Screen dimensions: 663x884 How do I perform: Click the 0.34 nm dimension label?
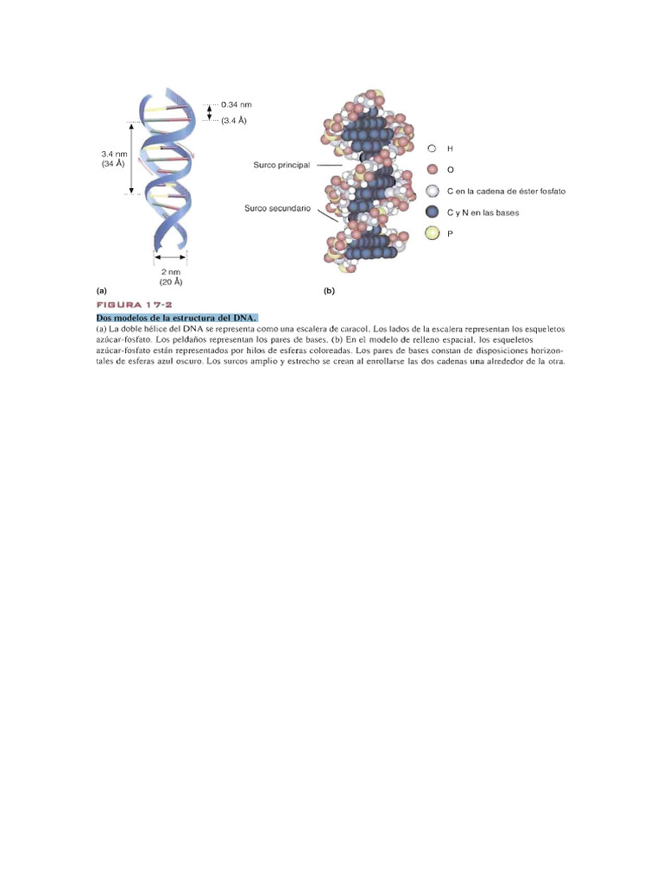point(237,104)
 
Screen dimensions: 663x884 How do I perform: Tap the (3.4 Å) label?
point(234,121)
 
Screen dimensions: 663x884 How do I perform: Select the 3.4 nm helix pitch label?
point(115,154)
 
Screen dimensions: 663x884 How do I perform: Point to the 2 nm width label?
point(171,272)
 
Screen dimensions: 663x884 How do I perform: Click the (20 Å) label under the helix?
point(171,282)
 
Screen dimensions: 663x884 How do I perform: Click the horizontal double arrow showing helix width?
point(170,257)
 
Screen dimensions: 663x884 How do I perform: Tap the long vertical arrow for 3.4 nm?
point(132,159)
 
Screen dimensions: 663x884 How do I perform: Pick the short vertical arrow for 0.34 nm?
point(210,112)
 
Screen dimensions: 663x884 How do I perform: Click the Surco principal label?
point(281,165)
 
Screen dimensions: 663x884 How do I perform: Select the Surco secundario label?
point(277,208)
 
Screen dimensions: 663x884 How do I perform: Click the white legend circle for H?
point(432,148)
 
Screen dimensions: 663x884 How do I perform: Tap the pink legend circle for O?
point(433,169)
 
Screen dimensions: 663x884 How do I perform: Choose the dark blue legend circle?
point(433,212)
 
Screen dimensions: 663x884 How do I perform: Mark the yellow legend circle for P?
point(433,233)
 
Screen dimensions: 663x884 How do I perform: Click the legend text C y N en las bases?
point(483,212)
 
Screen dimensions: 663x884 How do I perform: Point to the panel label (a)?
point(102,291)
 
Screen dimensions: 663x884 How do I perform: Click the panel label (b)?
point(329,291)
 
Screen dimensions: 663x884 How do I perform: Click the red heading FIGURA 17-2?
point(134,305)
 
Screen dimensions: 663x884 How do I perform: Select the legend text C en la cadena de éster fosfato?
point(506,191)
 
